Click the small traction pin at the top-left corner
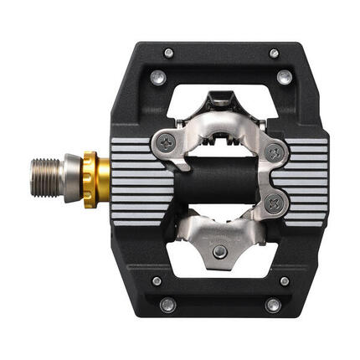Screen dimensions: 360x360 coord(168,53)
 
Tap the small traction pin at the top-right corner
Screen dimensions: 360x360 coord(274,54)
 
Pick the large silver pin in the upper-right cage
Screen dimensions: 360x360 coord(284,79)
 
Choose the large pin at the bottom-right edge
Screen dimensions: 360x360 coord(273,306)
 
